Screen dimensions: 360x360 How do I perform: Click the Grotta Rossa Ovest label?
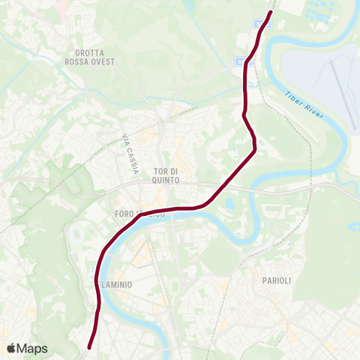click(x=94, y=57)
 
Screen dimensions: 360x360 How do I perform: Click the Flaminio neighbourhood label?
click(x=113, y=285)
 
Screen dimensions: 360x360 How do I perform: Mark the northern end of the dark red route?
click(x=271, y=11)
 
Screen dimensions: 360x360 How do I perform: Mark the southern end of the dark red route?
click(x=89, y=347)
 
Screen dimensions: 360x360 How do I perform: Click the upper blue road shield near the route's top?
click(x=259, y=23)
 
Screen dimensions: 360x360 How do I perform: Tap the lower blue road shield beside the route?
click(x=239, y=61)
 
